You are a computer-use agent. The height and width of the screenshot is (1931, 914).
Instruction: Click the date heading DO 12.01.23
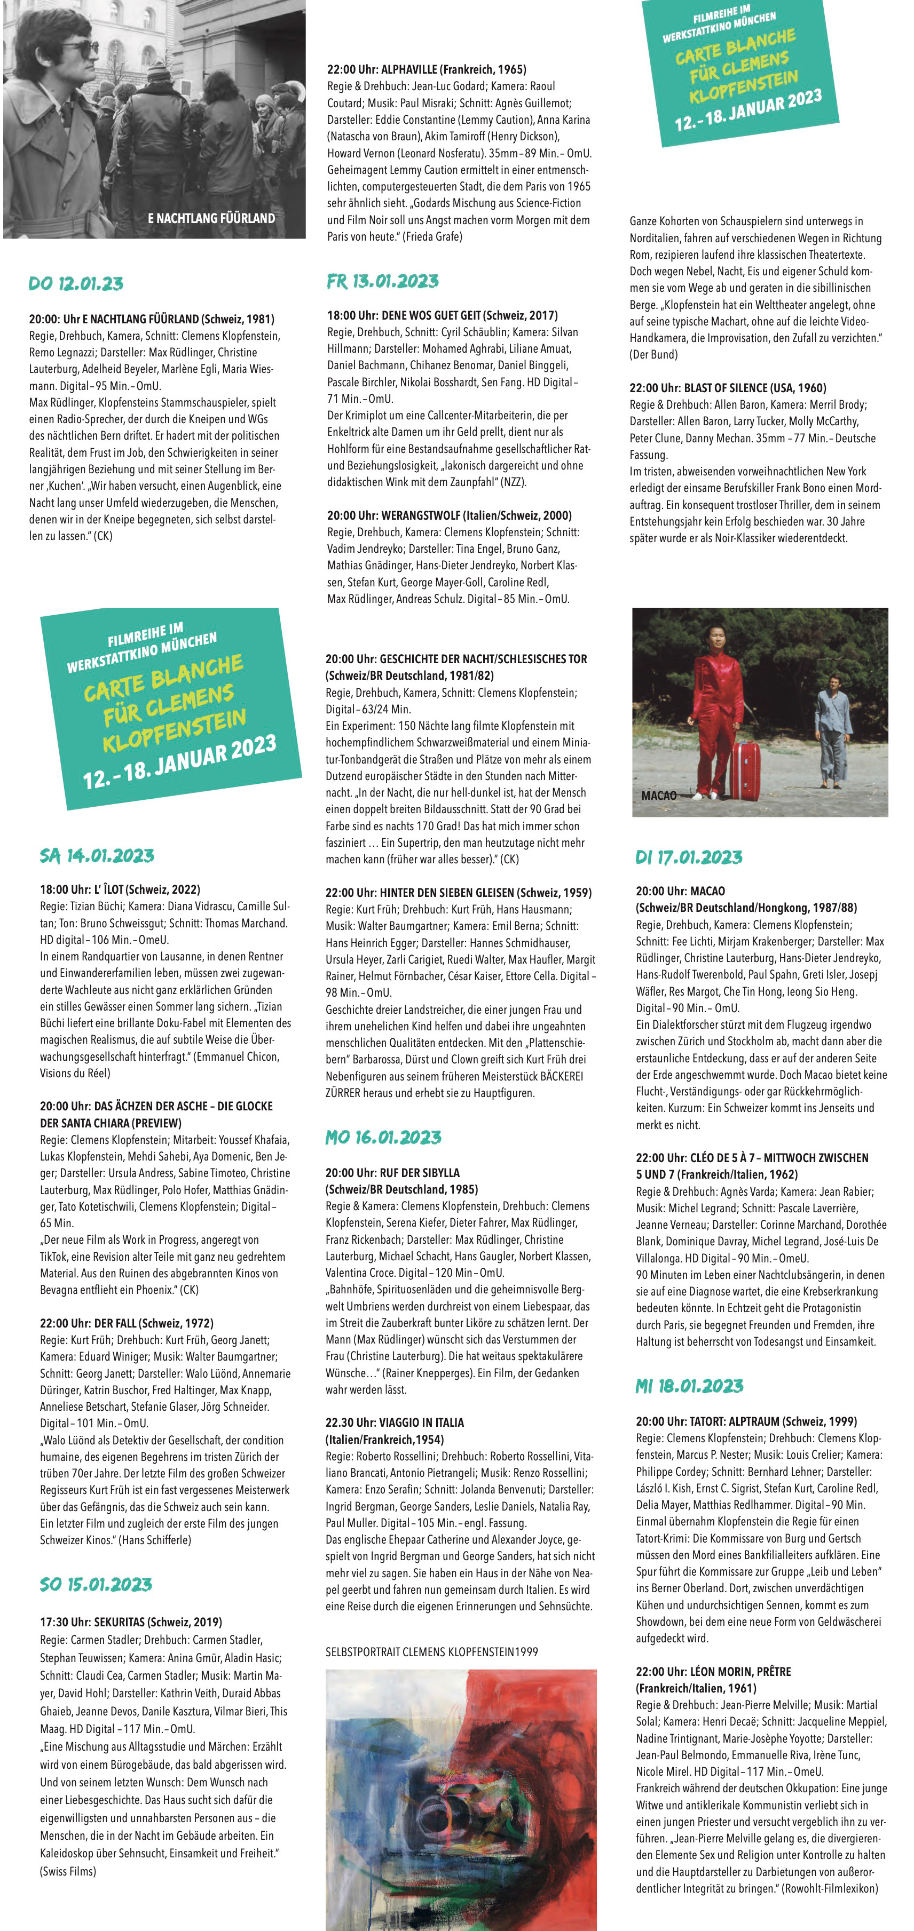coord(76,284)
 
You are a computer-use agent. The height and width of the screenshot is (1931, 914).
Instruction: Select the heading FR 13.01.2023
coord(382,281)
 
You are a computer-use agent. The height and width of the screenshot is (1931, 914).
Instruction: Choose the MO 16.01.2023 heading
coord(383,1137)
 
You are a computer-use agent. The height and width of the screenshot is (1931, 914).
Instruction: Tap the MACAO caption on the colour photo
coord(658,796)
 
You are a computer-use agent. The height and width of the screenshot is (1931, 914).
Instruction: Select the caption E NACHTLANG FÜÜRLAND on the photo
coord(211,218)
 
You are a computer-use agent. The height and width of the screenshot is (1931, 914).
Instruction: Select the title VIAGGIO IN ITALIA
coord(421,1423)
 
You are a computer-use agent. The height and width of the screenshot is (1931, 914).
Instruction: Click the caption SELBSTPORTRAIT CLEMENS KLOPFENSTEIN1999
coord(431,1651)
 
